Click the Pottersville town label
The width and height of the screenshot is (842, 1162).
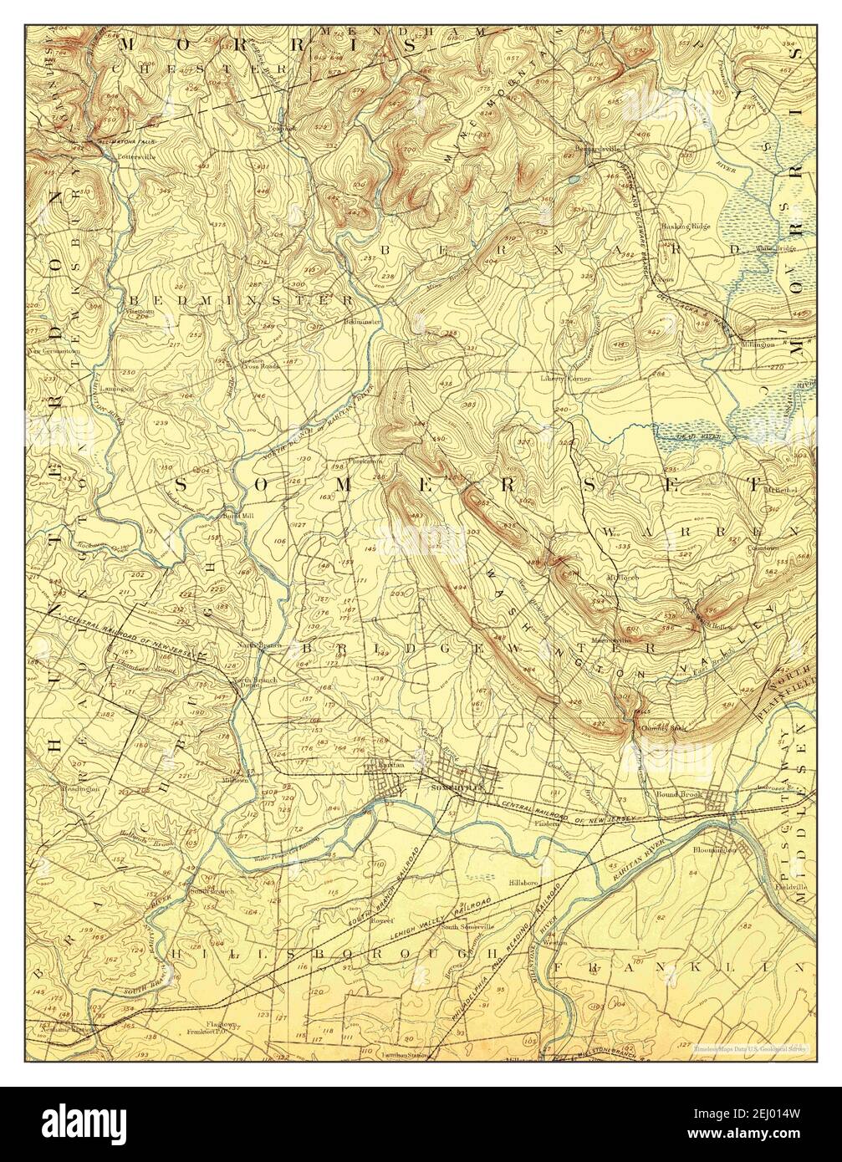[136, 156]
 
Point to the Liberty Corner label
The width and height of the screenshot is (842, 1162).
[566, 379]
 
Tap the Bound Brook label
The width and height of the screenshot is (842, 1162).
[679, 793]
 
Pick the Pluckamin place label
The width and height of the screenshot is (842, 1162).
[365, 461]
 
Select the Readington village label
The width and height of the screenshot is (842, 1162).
[80, 787]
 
